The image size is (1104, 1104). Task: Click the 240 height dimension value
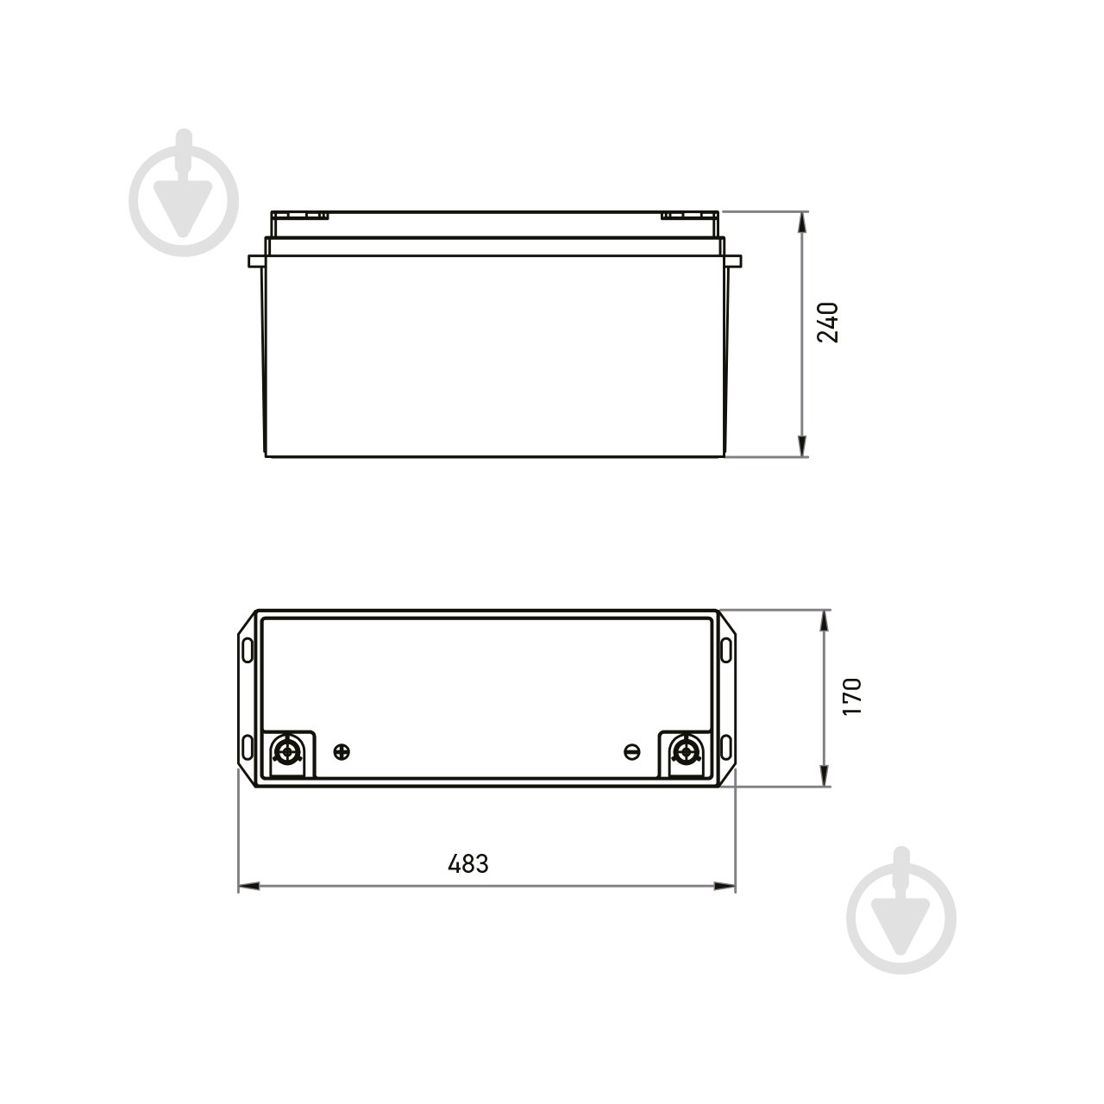pyautogui.click(x=828, y=322)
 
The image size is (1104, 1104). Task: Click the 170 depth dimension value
pyautogui.click(x=851, y=696)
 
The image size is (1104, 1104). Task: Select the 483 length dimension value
pyautogui.click(x=468, y=863)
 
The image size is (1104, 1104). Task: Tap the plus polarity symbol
pyautogui.click(x=342, y=751)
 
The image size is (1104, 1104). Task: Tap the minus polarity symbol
pyautogui.click(x=631, y=752)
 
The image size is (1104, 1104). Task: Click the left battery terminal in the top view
pyautogui.click(x=287, y=752)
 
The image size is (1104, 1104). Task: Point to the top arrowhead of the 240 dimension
pyautogui.click(x=803, y=221)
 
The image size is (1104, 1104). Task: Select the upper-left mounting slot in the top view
pyautogui.click(x=248, y=648)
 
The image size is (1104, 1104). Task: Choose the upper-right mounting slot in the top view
pyautogui.click(x=726, y=648)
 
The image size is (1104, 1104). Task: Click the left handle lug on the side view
pyautogui.click(x=255, y=260)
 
